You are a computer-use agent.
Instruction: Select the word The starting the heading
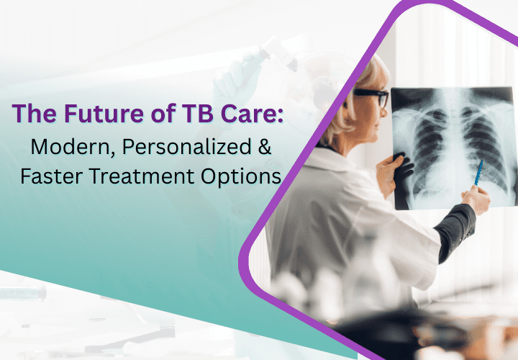pyautogui.click(x=34, y=113)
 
